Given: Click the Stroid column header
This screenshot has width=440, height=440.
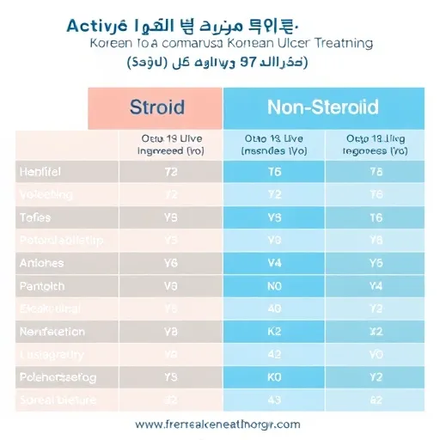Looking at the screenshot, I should (x=156, y=107).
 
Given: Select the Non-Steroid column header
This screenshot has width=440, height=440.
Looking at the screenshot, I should (x=323, y=107).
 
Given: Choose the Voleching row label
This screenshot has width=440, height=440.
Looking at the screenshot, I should (x=46, y=194).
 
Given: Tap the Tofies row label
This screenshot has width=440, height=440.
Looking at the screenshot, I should (x=35, y=217).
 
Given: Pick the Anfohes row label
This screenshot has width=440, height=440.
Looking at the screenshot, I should (x=42, y=263).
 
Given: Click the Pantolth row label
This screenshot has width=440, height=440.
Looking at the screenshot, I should (x=42, y=285).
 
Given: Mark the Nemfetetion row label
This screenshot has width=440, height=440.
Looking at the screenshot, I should (x=52, y=330).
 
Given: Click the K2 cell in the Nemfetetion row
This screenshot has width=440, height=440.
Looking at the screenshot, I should (x=275, y=330).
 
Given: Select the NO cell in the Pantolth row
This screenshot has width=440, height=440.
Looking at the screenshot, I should (x=275, y=285).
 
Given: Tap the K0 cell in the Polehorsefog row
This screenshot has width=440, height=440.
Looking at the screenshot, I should (x=275, y=376).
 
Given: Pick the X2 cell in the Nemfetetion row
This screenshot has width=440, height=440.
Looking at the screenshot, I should (x=376, y=330).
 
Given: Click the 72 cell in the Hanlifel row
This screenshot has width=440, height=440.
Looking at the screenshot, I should (x=171, y=172).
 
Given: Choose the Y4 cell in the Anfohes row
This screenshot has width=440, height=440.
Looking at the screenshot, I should (x=275, y=263).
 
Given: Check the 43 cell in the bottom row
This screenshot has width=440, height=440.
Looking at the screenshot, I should (x=275, y=398).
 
